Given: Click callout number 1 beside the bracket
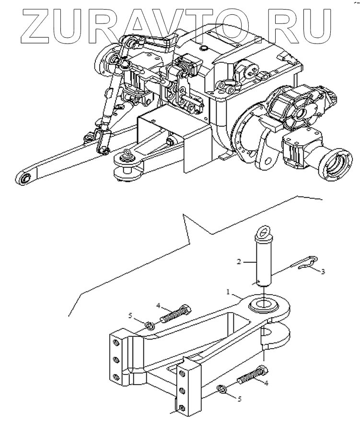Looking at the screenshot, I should [x=228, y=291].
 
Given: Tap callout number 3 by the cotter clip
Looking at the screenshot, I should [x=324, y=272].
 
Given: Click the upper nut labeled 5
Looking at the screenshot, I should [x=149, y=326].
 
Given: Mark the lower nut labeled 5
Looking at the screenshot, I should [x=222, y=388].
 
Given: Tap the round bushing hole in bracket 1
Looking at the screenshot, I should [x=263, y=303].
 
